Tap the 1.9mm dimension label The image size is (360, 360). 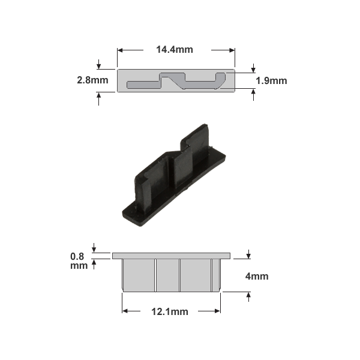(x=271, y=80)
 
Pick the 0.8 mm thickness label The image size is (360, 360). (x=79, y=260)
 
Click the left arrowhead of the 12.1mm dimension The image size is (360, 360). (x=126, y=311)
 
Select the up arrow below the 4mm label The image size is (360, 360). (x=248, y=296)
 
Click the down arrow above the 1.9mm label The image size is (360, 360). (x=254, y=68)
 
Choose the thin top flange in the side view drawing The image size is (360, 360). (x=171, y=256)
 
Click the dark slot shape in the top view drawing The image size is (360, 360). (x=174, y=81)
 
